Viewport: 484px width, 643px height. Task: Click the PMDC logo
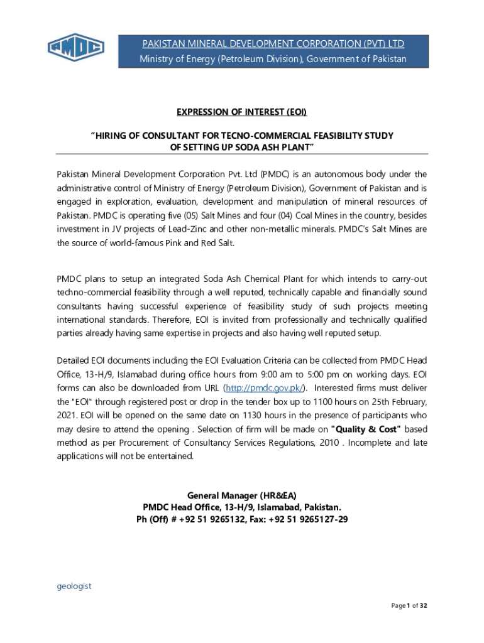click(76, 48)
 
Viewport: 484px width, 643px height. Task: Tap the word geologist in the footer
click(74, 586)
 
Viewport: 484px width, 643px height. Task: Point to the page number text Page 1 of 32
click(409, 605)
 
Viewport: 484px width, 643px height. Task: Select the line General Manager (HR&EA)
click(242, 495)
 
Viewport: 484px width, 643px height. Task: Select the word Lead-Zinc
click(187, 229)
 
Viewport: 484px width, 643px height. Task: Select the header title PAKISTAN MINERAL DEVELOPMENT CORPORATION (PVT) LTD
click(273, 43)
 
